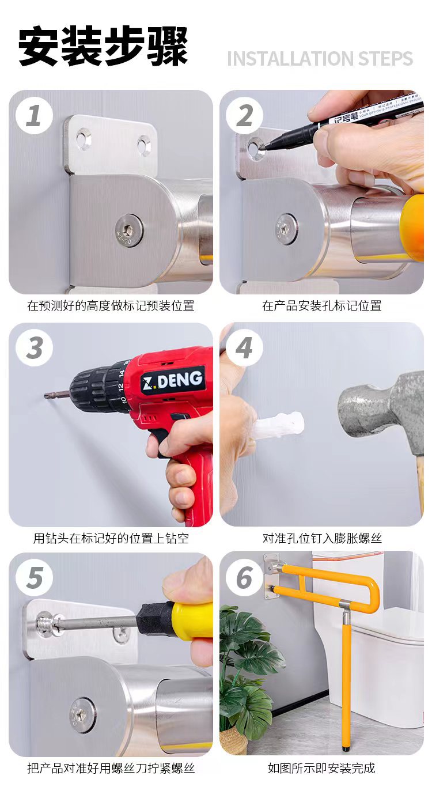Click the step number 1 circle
[x=34, y=116]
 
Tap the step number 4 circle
[x=244, y=348]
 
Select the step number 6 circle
[x=244, y=578]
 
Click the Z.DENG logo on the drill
[x=172, y=380]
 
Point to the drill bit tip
[x=46, y=396]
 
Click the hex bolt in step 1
[x=128, y=231]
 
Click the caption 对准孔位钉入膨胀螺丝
[x=322, y=538]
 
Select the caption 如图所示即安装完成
[x=321, y=768]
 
